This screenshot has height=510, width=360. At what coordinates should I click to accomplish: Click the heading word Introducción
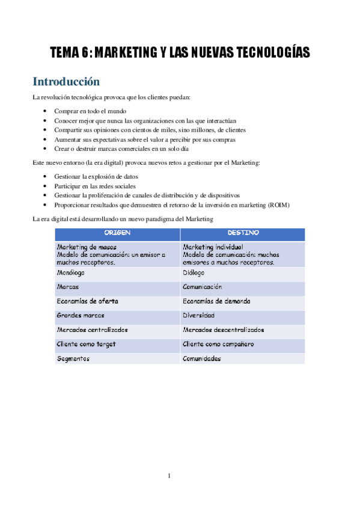pos(66,81)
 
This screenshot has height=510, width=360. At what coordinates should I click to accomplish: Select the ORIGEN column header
pos(117,232)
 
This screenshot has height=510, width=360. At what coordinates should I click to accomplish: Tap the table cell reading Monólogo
pos(70,272)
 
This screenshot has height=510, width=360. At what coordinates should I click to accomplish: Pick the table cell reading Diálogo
pos(194,272)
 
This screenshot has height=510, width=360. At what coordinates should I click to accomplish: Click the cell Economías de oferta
pos(86,301)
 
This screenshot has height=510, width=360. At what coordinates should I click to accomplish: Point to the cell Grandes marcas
pos(81,315)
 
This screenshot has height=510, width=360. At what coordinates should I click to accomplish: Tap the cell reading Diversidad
pos(199,315)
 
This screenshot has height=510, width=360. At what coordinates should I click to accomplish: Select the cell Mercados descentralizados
pos(223,330)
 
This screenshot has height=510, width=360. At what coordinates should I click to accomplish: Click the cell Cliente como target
pos(86,344)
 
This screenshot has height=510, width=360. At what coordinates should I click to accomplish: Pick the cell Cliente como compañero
pos(218,344)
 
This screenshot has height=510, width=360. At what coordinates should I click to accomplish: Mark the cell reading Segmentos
pos(73,358)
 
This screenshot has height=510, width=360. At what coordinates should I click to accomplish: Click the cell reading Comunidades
pos(202,358)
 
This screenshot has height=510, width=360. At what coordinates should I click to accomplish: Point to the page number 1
pos(169,476)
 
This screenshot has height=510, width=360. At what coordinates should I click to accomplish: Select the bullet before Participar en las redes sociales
pos(47,186)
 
